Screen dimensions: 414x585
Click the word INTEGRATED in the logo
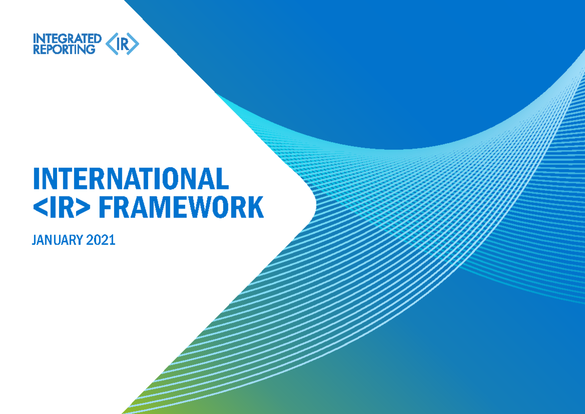pyautogui.click(x=67, y=39)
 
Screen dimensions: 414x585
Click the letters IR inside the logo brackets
pyautogui.click(x=123, y=44)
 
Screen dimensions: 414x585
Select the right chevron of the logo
pyautogui.click(x=135, y=44)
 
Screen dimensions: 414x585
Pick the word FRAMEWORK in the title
pyautogui.click(x=181, y=208)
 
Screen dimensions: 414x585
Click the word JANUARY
pyautogui.click(x=57, y=240)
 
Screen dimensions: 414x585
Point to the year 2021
pyautogui.click(x=101, y=240)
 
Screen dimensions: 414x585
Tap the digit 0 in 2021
pyautogui.click(x=97, y=240)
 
